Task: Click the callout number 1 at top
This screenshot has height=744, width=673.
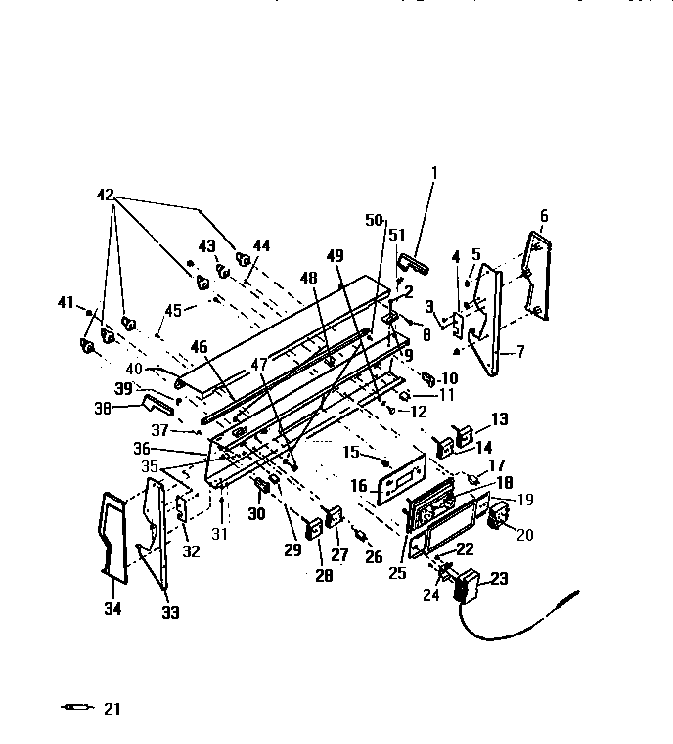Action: [x=435, y=174]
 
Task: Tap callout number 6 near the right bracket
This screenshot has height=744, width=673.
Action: [x=544, y=216]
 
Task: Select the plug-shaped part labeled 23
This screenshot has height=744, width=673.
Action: [x=468, y=587]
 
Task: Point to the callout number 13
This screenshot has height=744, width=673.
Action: [x=500, y=419]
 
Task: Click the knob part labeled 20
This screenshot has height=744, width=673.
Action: [x=500, y=516]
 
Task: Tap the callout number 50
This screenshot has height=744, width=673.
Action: [x=373, y=222]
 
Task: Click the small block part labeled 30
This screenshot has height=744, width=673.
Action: [x=262, y=487]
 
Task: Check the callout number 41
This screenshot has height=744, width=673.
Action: [x=65, y=303]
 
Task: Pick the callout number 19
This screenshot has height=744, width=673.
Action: [x=525, y=499]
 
